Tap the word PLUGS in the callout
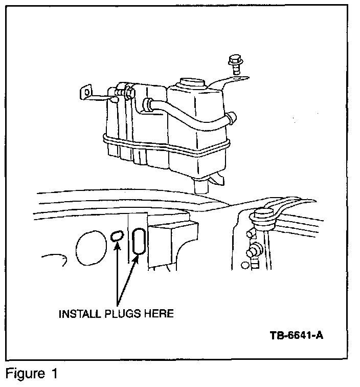[x=121, y=314]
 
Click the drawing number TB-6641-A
[x=297, y=336]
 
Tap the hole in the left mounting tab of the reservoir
[x=87, y=93]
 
